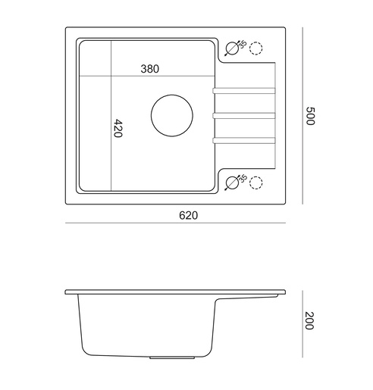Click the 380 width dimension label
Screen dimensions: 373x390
(150, 69)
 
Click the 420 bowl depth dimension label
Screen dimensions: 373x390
(118, 128)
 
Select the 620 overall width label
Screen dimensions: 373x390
(189, 215)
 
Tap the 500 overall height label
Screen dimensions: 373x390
(310, 116)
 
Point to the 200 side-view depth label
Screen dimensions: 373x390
(309, 321)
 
